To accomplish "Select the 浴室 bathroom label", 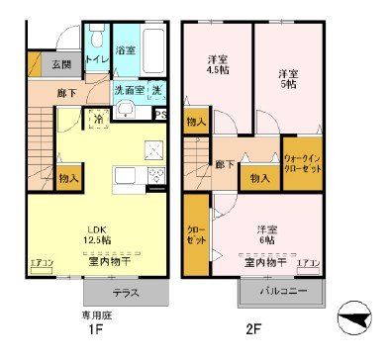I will (127, 49).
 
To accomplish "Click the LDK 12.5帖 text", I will (95, 232).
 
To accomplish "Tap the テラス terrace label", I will (125, 293).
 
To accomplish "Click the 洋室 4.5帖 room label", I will (215, 62).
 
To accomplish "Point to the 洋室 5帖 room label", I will (287, 78).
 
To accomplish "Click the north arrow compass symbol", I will (355, 320).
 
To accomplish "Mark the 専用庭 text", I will (93, 318).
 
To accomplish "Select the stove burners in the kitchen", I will (155, 179).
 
